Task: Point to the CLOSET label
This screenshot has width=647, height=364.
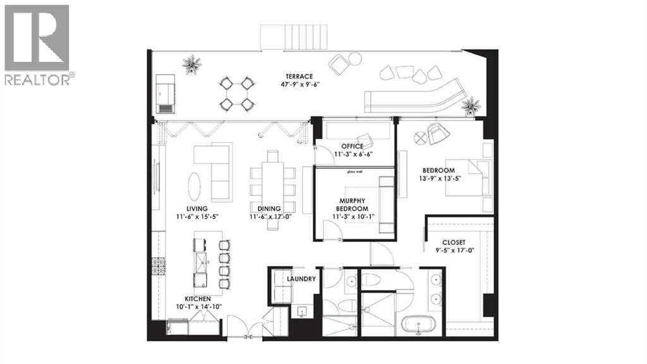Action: pyautogui.click(x=454, y=242)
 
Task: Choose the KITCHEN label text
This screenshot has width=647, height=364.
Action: pyautogui.click(x=197, y=298)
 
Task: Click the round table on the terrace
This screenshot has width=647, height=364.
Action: pyautogui.click(x=236, y=94)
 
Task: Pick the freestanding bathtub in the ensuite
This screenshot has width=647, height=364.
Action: pyautogui.click(x=418, y=326)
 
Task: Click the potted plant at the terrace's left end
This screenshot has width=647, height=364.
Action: pyautogui.click(x=191, y=64)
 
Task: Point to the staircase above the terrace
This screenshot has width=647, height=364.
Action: pyautogui.click(x=296, y=36)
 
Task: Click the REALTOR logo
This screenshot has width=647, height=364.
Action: pyautogui.click(x=37, y=44)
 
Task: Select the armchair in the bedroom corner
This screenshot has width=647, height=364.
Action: pyautogui.click(x=438, y=134)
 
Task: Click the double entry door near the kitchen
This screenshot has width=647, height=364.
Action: pyautogui.click(x=243, y=330)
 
